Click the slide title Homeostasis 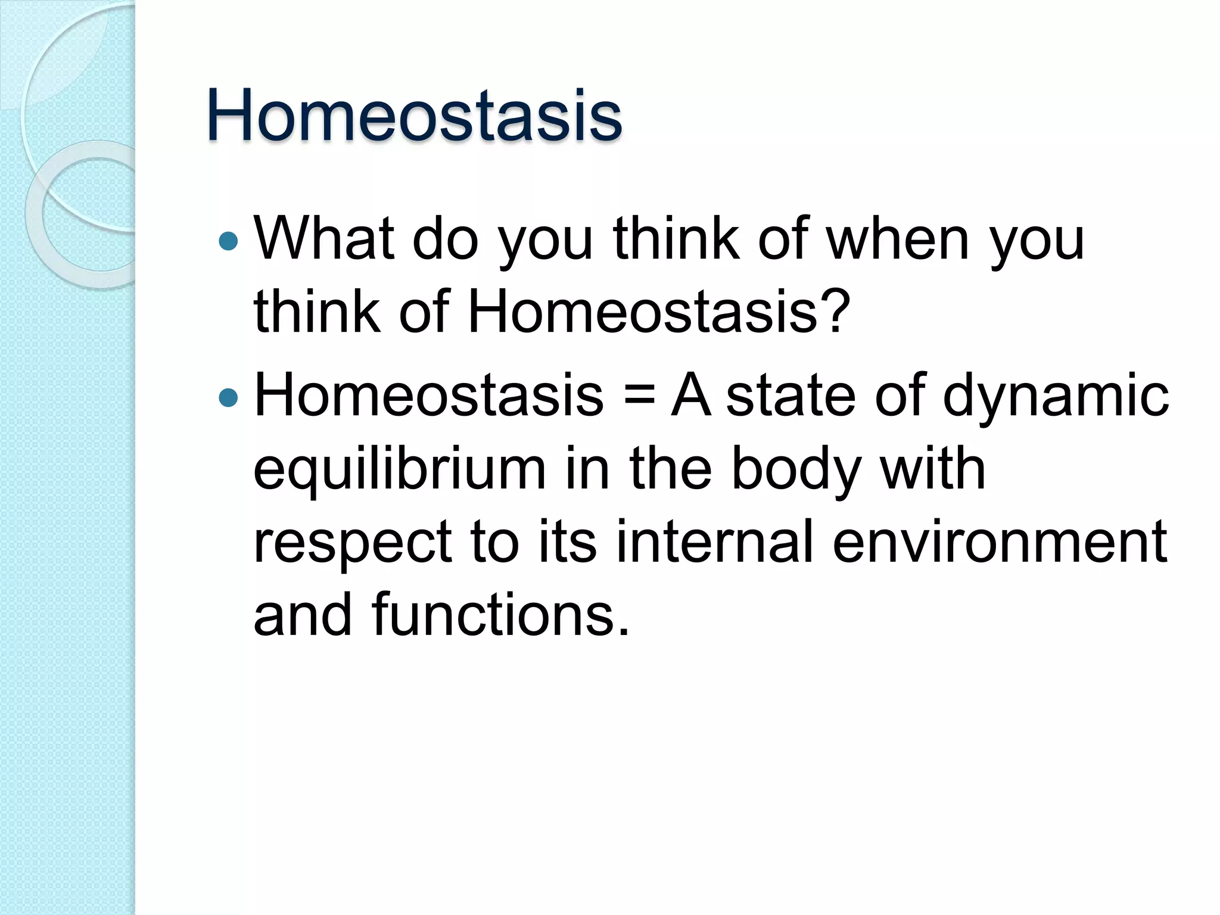click(414, 116)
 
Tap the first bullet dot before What click(228, 241)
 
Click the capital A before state click(691, 395)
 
